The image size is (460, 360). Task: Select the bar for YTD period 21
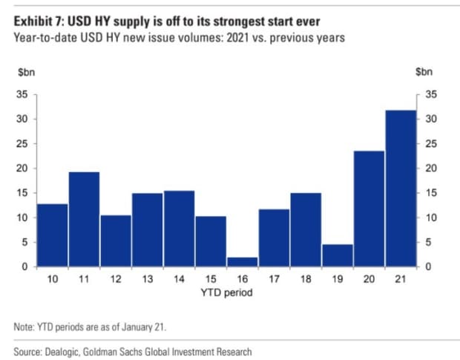pyautogui.click(x=401, y=189)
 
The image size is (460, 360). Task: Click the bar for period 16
pyautogui.click(x=243, y=262)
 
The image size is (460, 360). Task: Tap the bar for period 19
pyautogui.click(x=338, y=255)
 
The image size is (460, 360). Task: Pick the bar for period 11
pyautogui.click(x=84, y=220)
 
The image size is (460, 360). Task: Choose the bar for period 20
pyautogui.click(x=369, y=209)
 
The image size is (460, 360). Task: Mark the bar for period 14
pyautogui.click(x=179, y=229)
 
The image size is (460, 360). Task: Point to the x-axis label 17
pyautogui.click(x=274, y=279)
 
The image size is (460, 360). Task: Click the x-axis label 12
pyautogui.click(x=116, y=279)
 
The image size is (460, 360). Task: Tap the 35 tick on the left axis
pyautogui.click(x=22, y=94)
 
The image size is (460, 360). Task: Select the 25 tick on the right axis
pyautogui.click(x=431, y=144)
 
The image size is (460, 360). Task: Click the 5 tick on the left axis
pyautogui.click(x=25, y=242)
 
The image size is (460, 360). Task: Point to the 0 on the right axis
pyautogui.click(x=428, y=266)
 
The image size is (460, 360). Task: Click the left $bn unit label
pyautogui.click(x=27, y=72)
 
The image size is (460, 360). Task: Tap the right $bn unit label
pyautogui.click(x=424, y=72)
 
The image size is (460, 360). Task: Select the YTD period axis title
pyautogui.click(x=226, y=292)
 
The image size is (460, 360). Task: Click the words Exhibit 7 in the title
pyautogui.click(x=39, y=22)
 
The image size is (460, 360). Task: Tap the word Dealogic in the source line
pyautogui.click(x=62, y=352)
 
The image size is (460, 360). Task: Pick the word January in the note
pyautogui.click(x=137, y=327)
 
